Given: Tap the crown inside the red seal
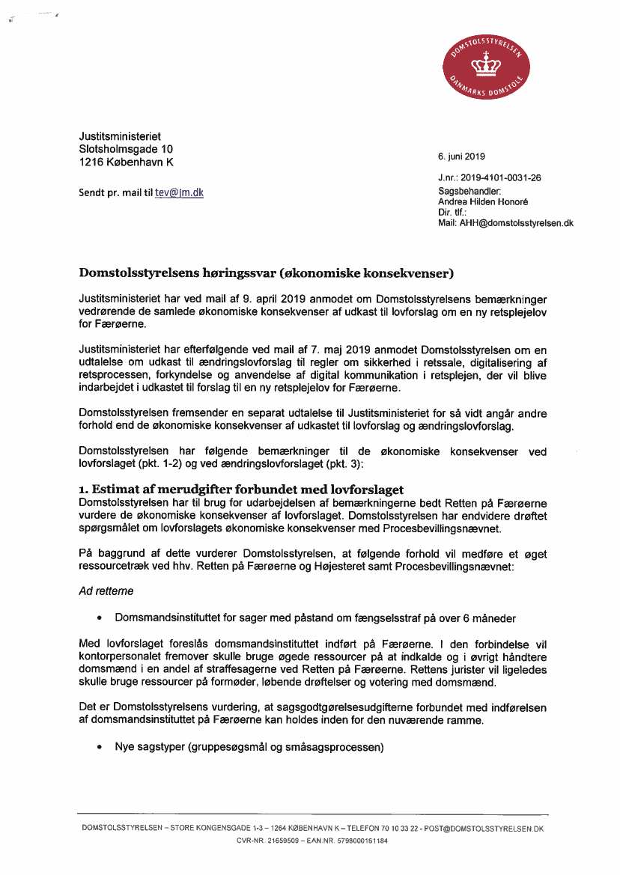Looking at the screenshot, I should tap(487, 67).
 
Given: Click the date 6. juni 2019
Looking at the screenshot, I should tap(461, 156).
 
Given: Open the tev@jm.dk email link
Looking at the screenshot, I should tap(179, 192).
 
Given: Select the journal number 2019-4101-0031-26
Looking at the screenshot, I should tap(501, 178).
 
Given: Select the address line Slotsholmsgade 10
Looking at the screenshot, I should tap(126, 149).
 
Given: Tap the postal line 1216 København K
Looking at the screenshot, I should tap(127, 162).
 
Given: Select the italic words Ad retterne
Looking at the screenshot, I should tap(106, 591).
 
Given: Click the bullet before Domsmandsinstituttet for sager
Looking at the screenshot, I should tap(99, 618).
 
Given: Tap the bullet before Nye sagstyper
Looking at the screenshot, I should tap(99, 747).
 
